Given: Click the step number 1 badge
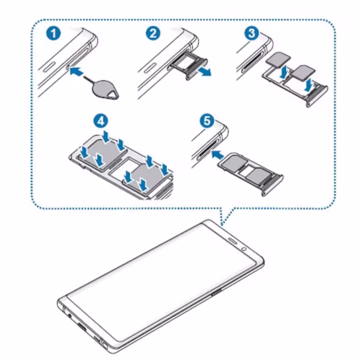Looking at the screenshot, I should [x=54, y=35].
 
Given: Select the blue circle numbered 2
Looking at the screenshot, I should [x=153, y=34].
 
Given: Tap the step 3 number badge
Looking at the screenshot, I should [x=250, y=35].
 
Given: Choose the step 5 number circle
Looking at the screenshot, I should [x=207, y=121].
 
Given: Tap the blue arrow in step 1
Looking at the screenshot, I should [x=79, y=71].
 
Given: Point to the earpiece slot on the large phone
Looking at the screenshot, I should [x=232, y=241].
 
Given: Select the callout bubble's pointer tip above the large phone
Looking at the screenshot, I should [x=222, y=225].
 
